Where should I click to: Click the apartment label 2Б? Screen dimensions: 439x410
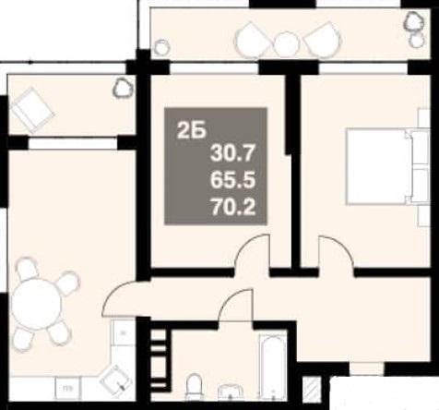coord(191,132)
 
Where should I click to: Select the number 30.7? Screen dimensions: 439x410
coord(233,153)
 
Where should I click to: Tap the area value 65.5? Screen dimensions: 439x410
coord(233,180)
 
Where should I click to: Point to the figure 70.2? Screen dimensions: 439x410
coord(233,207)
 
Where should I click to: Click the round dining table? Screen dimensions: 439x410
coord(35,305)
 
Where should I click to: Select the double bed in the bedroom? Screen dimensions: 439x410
coord(387,166)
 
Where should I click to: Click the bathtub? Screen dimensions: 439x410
coord(273,367)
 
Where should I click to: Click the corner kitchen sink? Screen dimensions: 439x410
coord(114,378)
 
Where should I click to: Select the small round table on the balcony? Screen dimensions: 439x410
coord(286,44)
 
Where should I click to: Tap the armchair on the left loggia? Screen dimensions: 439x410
coord(32,110)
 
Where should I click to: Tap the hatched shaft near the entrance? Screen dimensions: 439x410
coord(310,389)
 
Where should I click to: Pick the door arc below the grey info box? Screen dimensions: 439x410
coord(248,245)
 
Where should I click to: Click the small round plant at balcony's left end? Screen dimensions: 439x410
coord(161,47)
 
